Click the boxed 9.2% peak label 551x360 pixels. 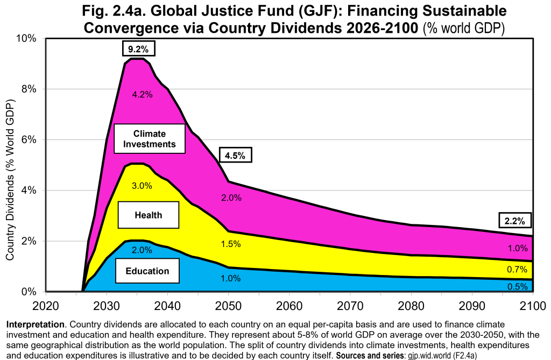pyautogui.click(x=138, y=48)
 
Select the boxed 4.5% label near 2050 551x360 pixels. pyautogui.click(x=235, y=154)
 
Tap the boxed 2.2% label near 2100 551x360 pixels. pyautogui.click(x=515, y=221)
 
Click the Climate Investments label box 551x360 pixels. pyautogui.click(x=150, y=138)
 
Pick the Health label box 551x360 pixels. pyautogui.click(x=149, y=215)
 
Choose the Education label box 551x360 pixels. pyautogui.click(x=147, y=271)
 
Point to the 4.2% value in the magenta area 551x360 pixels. pyautogui.click(x=142, y=94)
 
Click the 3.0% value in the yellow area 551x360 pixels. pyautogui.click(x=142, y=186)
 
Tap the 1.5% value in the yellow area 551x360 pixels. pyautogui.click(x=231, y=244)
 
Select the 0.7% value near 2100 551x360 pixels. pyautogui.click(x=517, y=270)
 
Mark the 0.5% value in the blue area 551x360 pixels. pyautogui.click(x=518, y=286)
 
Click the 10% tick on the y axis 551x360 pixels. pyautogui.click(x=26, y=38)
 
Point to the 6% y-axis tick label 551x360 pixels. pyautogui.click(x=29, y=139)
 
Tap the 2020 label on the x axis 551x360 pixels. pyautogui.click(x=46, y=306)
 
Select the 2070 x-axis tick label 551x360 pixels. pyautogui.click(x=350, y=306)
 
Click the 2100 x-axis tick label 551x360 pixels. pyautogui.click(x=533, y=306)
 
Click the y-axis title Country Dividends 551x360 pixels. pyautogui.click(x=10, y=180)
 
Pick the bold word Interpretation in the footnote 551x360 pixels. pyautogui.click(x=36, y=324)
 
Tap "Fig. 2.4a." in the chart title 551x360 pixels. pyautogui.click(x=114, y=11)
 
